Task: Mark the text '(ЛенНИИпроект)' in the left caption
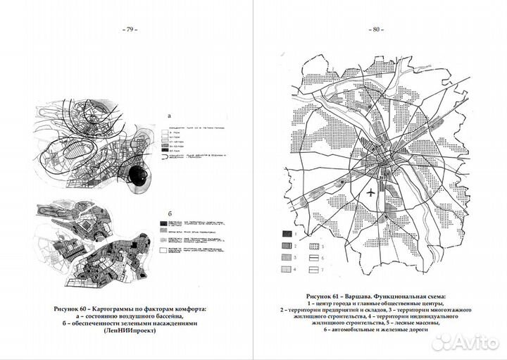pyautogui.click(x=126, y=330)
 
